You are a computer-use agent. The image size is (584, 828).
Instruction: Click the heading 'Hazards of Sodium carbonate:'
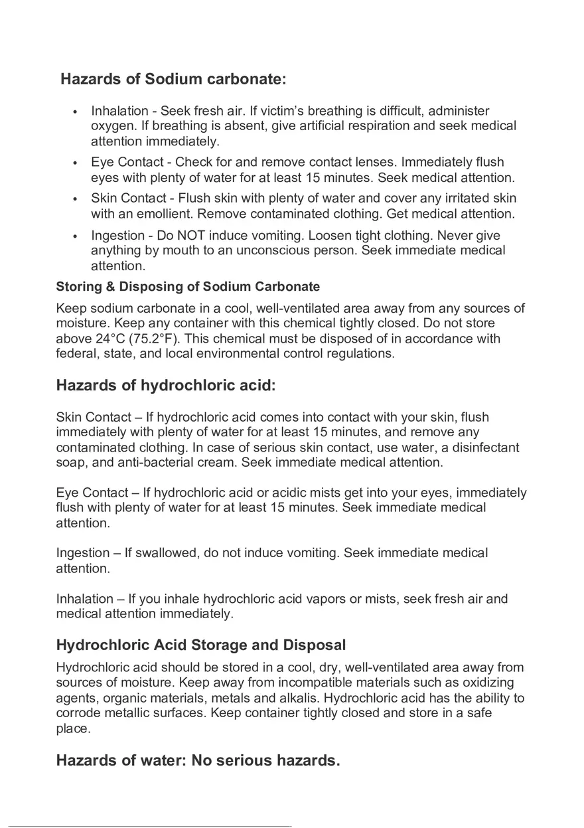click(173, 79)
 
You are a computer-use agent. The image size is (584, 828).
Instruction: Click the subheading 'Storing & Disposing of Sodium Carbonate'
click(188, 287)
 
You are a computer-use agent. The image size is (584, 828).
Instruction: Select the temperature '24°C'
click(111, 339)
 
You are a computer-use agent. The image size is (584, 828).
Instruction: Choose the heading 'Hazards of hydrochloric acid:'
click(165, 386)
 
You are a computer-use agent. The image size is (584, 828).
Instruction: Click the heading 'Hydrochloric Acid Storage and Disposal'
click(201, 645)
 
